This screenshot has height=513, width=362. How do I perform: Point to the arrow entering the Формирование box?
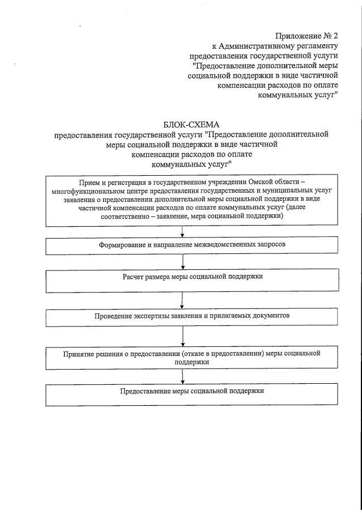(x=182, y=231)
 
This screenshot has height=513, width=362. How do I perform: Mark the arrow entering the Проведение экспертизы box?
(x=182, y=300)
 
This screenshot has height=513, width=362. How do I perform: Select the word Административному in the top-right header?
(x=252, y=46)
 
